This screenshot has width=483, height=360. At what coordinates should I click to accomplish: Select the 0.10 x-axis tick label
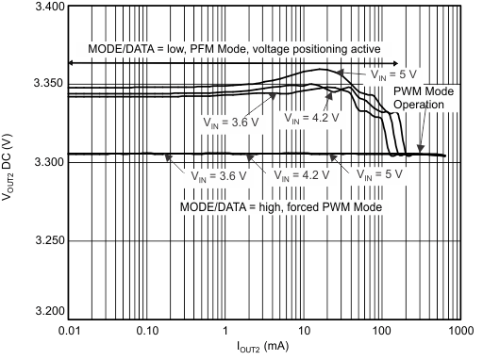145,332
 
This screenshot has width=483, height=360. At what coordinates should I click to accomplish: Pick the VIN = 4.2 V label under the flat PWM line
301,174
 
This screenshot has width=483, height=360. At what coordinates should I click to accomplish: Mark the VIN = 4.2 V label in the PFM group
308,121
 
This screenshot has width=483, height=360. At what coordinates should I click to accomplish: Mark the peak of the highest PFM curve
321,70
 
